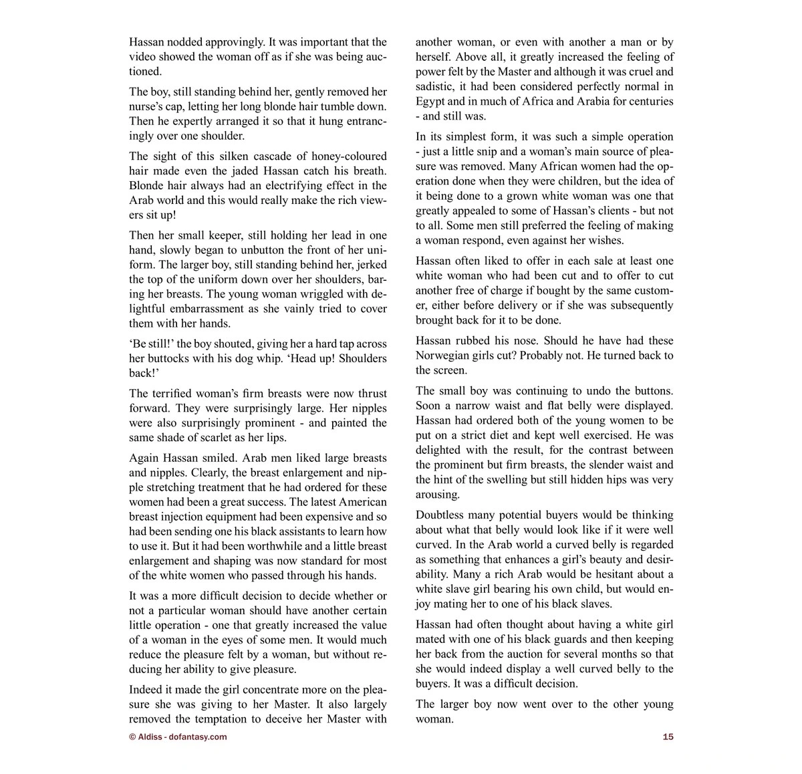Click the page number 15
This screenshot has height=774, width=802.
click(668, 737)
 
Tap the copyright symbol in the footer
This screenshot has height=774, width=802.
click(132, 737)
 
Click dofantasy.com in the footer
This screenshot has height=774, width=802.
click(198, 737)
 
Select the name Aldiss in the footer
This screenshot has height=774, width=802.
click(150, 737)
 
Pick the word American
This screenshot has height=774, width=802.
click(363, 502)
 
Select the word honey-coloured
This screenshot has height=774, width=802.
click(342, 156)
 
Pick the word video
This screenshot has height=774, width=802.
click(142, 56)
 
